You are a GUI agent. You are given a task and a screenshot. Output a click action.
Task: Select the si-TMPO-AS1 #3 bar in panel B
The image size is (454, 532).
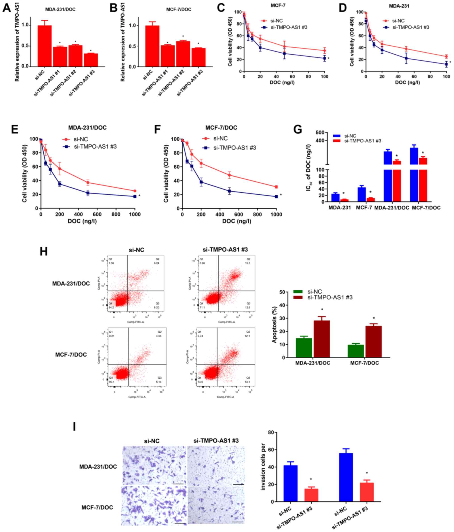click(x=198, y=57)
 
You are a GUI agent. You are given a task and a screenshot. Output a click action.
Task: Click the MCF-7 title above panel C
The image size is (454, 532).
click(x=278, y=5)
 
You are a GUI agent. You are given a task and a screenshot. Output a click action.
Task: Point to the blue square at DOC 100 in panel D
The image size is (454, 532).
click(x=446, y=64)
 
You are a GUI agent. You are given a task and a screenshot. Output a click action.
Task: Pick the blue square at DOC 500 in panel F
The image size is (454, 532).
click(x=229, y=191)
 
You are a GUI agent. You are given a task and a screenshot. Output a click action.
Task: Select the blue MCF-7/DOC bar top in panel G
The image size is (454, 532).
click(x=414, y=148)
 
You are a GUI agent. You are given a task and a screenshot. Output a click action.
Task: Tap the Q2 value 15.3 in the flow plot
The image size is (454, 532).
click(x=247, y=263)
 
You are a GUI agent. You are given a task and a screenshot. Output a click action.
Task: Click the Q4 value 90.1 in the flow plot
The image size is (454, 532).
click(x=111, y=382)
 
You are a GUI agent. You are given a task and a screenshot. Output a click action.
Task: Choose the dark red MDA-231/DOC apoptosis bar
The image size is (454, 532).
click(x=322, y=339)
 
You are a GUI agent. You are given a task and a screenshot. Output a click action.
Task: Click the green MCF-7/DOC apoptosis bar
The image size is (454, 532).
click(x=356, y=351)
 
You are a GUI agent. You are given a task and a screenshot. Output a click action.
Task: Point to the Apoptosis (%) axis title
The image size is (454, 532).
click(x=275, y=325)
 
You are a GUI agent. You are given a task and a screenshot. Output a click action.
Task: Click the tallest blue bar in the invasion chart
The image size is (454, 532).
click(x=346, y=477)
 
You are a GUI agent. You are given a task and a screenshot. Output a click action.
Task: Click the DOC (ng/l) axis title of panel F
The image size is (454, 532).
click(x=237, y=221)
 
